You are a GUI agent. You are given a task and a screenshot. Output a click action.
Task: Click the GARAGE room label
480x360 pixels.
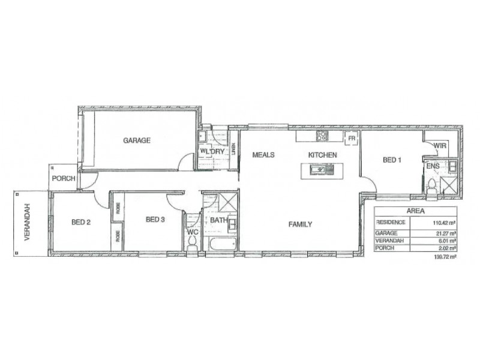(x=137, y=141)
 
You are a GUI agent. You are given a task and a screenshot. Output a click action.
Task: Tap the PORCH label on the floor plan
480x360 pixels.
(x=63, y=178)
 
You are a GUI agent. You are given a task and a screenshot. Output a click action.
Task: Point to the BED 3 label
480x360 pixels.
(x=155, y=220)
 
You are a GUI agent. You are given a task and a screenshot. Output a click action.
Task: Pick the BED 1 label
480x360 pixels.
(x=392, y=160)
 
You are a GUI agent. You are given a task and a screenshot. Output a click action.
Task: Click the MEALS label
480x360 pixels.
(x=263, y=155)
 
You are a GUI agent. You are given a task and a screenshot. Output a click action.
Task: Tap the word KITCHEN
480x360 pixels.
(x=323, y=155)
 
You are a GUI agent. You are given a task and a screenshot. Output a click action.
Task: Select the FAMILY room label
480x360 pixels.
(x=300, y=224)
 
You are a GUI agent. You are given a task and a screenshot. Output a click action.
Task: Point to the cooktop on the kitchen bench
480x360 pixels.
(x=322, y=136)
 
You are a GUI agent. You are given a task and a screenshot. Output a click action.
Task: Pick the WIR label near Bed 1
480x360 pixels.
(x=440, y=145)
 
